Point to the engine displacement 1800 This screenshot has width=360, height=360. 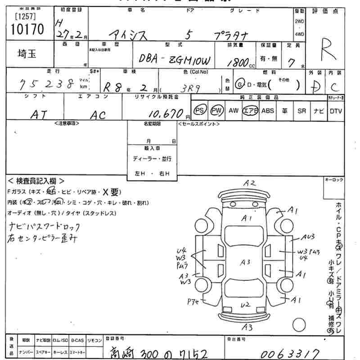point(238,63)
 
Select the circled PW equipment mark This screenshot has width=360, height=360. point(217,111)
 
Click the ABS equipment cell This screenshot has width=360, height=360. point(267,111)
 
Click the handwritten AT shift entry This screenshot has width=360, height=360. point(40,115)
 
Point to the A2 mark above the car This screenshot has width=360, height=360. point(250,183)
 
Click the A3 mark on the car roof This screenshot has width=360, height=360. point(245,262)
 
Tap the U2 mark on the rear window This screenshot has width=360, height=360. point(245,305)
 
